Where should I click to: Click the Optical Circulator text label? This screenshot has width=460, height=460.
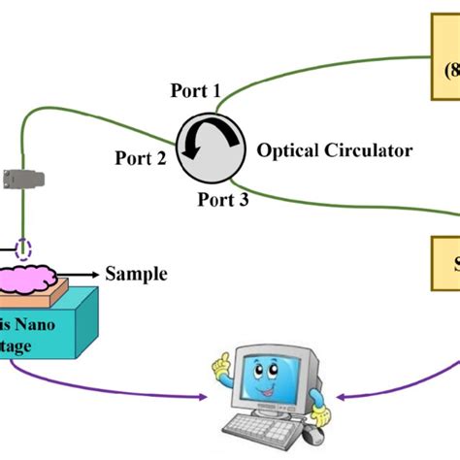pos(334,150)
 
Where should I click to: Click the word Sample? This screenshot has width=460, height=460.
pos(136,274)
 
